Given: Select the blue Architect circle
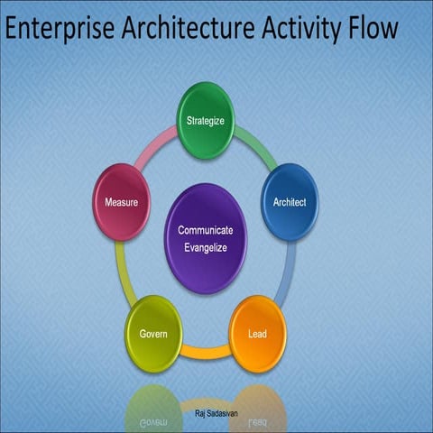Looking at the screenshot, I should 290,202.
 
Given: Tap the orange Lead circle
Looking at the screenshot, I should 257,335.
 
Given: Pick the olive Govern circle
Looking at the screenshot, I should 153,334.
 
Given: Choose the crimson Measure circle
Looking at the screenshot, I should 121,202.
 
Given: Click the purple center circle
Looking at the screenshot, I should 205,236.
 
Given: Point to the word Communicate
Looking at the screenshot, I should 205,229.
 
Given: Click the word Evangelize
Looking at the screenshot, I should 205,245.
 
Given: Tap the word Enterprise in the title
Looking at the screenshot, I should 59,30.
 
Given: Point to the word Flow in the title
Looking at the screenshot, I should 370,30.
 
